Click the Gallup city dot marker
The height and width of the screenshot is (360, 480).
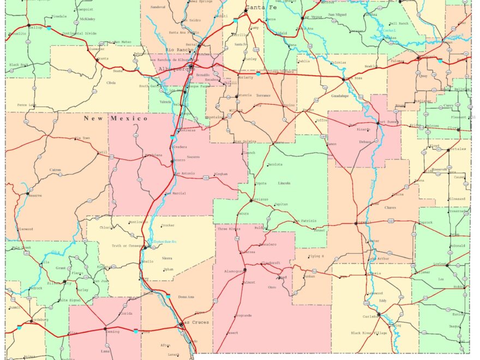point(28,25)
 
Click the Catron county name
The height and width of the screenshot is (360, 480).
point(55,170)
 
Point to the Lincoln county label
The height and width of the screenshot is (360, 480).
point(284,183)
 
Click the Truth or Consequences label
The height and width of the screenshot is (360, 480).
point(127,245)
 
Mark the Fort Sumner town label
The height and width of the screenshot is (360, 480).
point(389,122)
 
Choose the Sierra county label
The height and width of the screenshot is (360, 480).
point(166,259)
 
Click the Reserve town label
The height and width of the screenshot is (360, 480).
point(35,195)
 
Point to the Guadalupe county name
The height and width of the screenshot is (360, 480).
point(340,95)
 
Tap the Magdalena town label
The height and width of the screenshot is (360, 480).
point(153,155)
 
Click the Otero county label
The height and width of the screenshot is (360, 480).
point(272,287)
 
